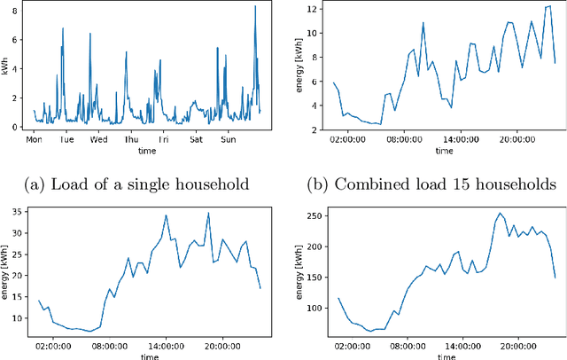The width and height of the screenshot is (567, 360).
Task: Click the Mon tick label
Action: click(x=35, y=140)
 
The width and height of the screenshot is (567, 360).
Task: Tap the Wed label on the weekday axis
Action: click(x=99, y=140)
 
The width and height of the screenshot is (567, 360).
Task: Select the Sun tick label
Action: click(x=229, y=140)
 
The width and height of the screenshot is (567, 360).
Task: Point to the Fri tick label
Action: click(x=164, y=140)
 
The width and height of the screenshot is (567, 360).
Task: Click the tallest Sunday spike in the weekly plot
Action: click(x=255, y=7)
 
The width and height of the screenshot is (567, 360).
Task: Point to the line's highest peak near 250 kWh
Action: click(x=499, y=213)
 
